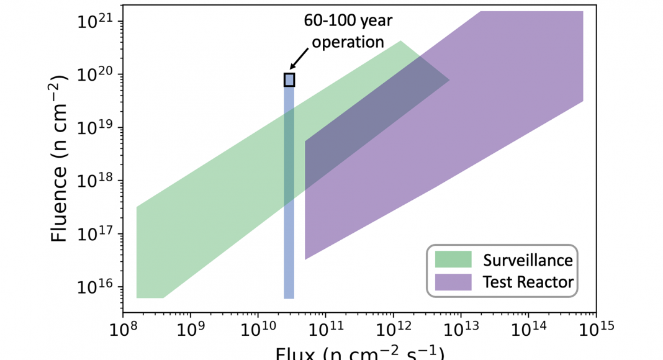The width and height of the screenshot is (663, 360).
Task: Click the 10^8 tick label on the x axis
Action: click(x=123, y=326)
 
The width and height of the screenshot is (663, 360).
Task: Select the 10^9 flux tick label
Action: click(x=191, y=326)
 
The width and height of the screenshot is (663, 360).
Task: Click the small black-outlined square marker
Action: click(x=289, y=79)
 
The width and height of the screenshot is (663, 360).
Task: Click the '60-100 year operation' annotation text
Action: click(x=348, y=31)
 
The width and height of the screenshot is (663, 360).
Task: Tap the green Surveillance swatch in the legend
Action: click(x=453, y=259)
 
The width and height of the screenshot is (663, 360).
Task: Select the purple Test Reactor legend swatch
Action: click(x=453, y=282)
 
